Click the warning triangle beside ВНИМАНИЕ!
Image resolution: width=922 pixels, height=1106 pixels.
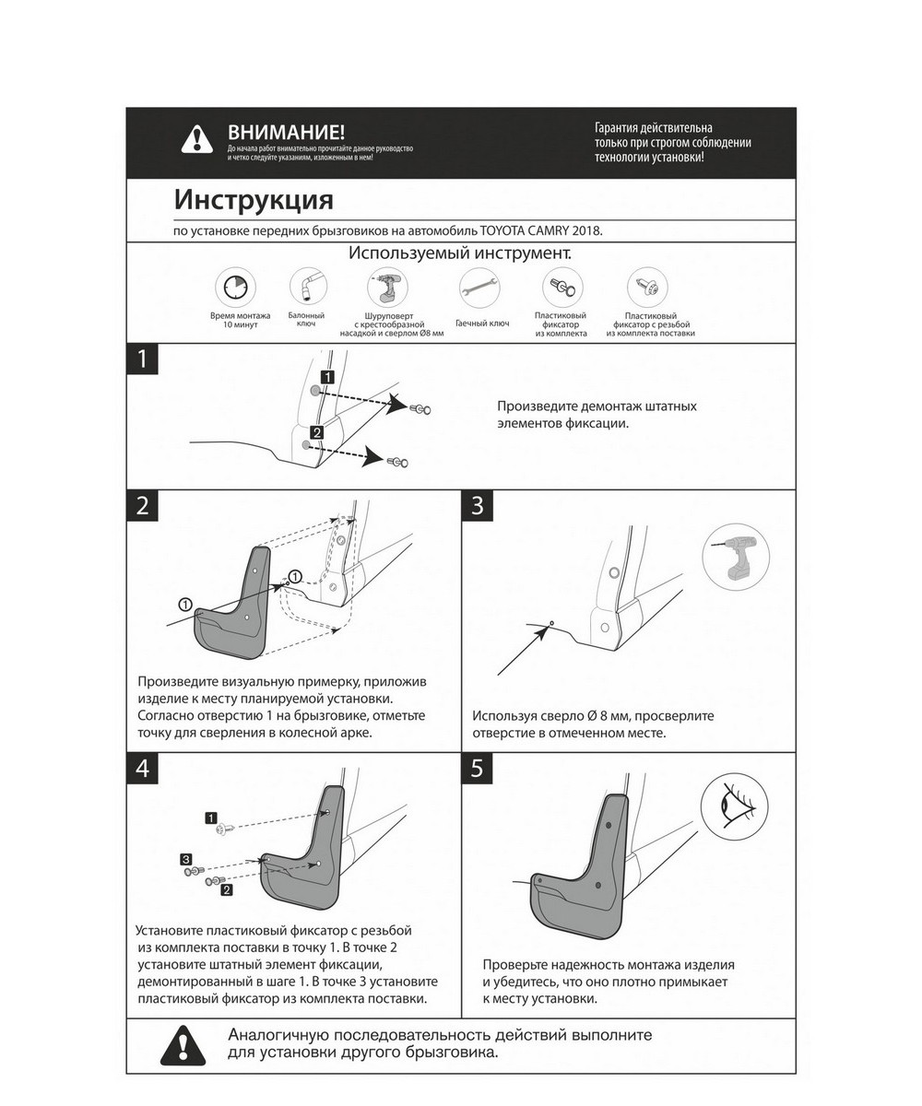[x=196, y=140]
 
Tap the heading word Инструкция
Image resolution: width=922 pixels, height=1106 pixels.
[x=254, y=200]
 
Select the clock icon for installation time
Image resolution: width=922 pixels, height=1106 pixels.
[x=234, y=288]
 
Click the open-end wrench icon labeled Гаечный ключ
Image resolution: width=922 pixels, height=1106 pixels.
[x=479, y=288]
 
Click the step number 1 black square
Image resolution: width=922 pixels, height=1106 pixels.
[x=142, y=359]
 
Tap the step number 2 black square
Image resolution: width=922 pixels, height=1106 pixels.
[x=142, y=506]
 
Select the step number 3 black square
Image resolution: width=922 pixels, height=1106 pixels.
[x=477, y=506]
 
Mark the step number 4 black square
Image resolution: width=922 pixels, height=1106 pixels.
[x=142, y=769]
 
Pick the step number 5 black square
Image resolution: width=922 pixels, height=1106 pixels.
[x=477, y=769]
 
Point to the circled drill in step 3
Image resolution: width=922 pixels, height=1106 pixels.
[x=736, y=557]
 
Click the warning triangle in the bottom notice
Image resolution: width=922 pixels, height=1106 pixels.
[x=183, y=1046]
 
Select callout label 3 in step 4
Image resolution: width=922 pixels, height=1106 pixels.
[x=185, y=858]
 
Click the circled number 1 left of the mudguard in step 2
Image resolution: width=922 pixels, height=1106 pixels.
[x=185, y=605]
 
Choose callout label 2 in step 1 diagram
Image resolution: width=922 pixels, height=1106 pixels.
[x=316, y=432]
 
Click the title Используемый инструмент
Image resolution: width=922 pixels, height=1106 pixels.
[x=460, y=253]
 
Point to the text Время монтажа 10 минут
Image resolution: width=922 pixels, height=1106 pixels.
[x=240, y=321]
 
